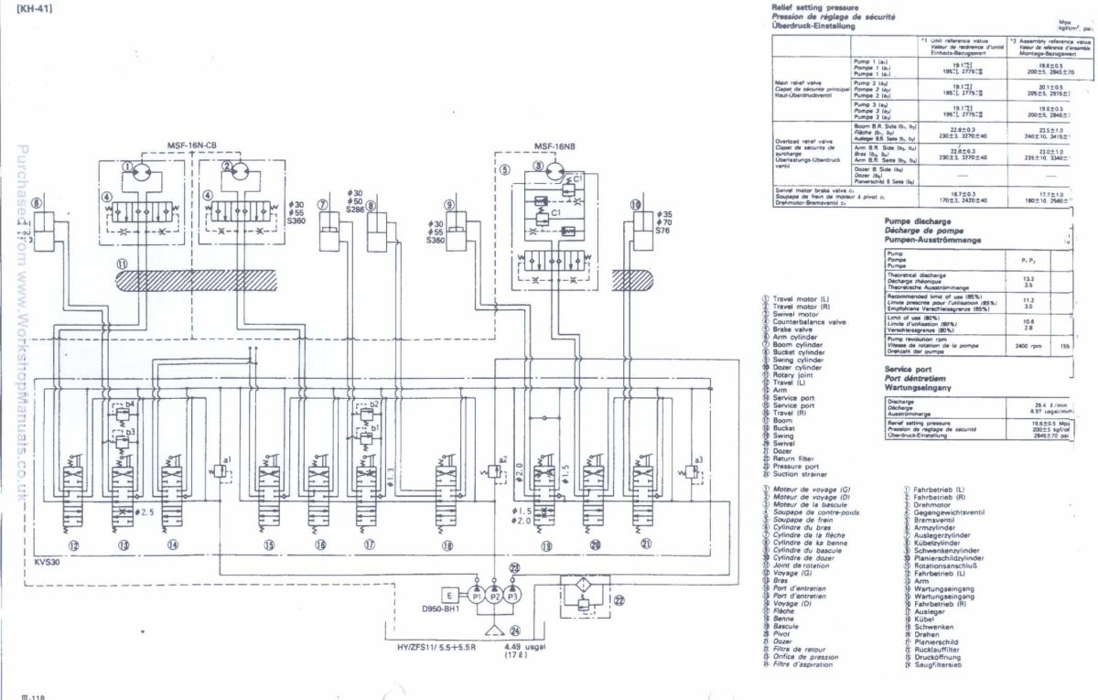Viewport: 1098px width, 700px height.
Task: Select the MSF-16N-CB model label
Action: tap(191, 145)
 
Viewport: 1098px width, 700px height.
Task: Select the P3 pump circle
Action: tap(512, 595)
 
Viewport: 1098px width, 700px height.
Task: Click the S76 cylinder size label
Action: tap(665, 232)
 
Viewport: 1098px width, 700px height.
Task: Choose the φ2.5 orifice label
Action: tap(145, 512)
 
